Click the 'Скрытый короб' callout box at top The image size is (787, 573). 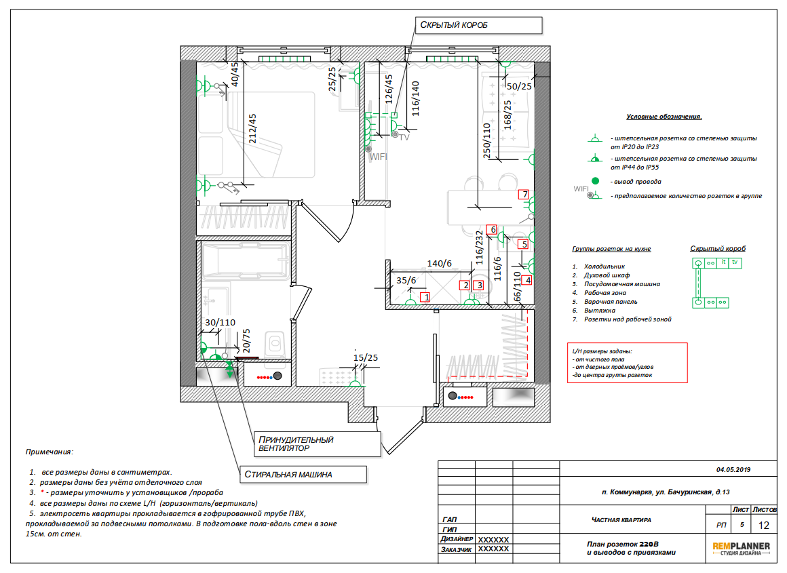tap(479, 25)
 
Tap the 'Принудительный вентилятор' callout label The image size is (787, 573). tap(318, 444)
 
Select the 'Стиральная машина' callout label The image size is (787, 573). tap(303, 474)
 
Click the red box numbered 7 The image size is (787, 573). tap(524, 194)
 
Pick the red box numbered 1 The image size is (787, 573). tap(425, 297)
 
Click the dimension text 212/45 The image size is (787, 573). tap(252, 128)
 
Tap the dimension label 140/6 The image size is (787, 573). tap(439, 263)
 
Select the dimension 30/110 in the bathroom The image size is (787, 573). tap(220, 323)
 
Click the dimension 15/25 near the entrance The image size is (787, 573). tap(366, 358)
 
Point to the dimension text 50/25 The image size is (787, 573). tap(519, 86)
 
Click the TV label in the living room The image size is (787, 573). tap(404, 138)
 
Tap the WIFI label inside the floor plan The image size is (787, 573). tap(378, 157)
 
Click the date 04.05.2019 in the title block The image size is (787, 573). tap(733, 470)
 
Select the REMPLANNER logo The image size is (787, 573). tap(741, 549)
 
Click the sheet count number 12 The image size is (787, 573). tap(763, 526)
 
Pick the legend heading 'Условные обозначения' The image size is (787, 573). tap(664, 117)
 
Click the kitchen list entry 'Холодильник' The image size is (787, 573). tap(604, 266)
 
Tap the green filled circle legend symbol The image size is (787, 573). tap(595, 180)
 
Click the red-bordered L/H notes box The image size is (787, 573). tap(628, 363)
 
